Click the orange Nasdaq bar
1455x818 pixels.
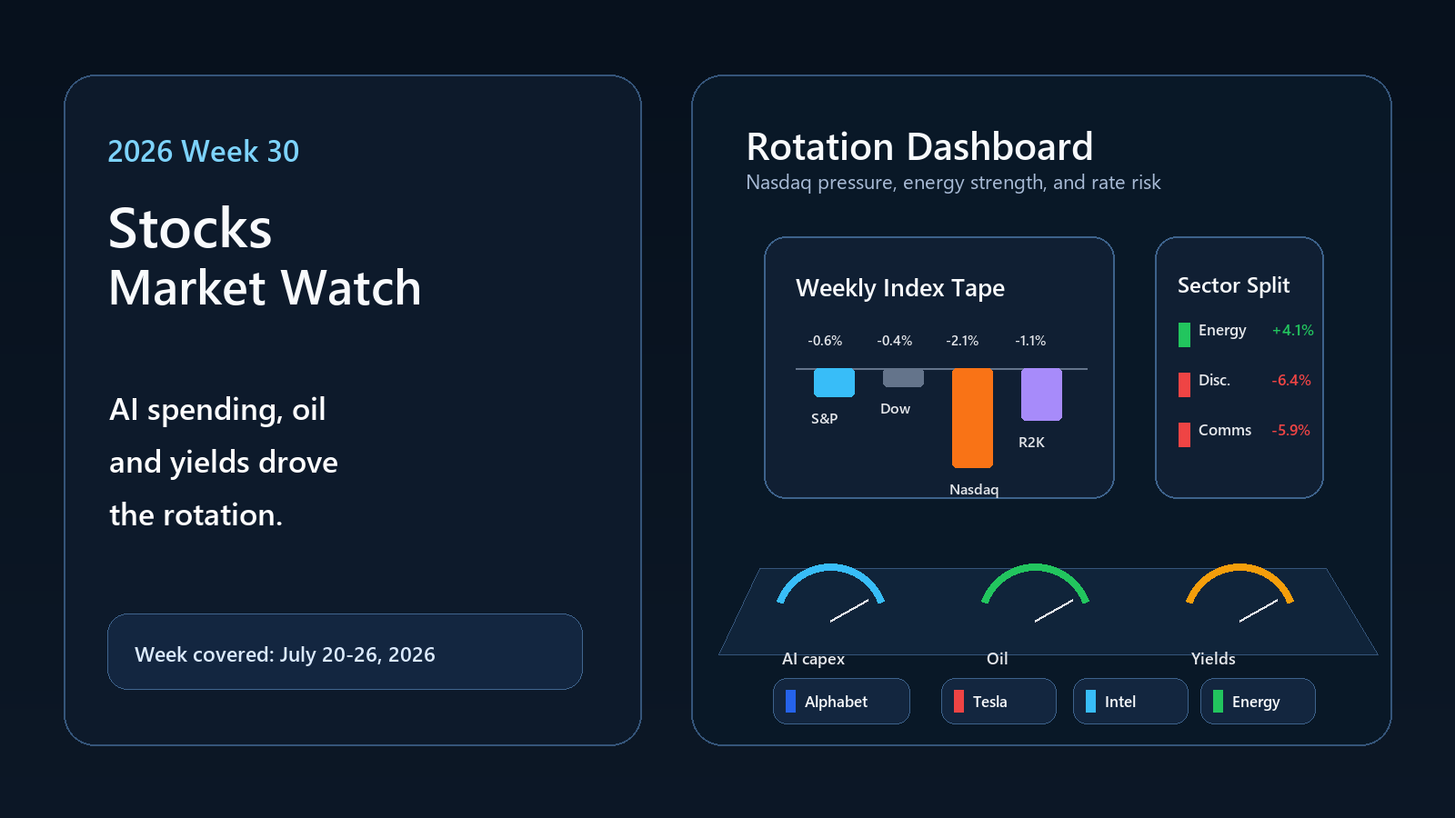pyautogui.click(x=972, y=418)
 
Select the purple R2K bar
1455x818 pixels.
pyautogui.click(x=1041, y=394)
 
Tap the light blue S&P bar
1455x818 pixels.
pyautogui.click(x=834, y=383)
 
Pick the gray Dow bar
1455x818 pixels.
pyautogui.click(x=903, y=378)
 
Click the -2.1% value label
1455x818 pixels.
pyautogui.click(x=962, y=341)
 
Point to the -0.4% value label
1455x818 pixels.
pyautogui.click(x=895, y=341)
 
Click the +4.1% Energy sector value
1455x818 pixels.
pyautogui.click(x=1292, y=331)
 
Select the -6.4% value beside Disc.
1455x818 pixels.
pyautogui.click(x=1291, y=381)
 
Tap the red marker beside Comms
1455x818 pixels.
pyautogui.click(x=1184, y=434)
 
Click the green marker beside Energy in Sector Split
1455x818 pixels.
pyautogui.click(x=1184, y=335)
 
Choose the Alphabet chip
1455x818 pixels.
pyautogui.click(x=841, y=701)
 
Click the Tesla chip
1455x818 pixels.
pyautogui.click(x=998, y=701)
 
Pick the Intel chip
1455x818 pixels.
pyautogui.click(x=1130, y=701)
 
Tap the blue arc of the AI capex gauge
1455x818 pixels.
pyautogui.click(x=831, y=568)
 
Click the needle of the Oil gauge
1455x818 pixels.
pyautogui.click(x=1054, y=611)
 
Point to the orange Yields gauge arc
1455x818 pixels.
pyautogui.click(x=1240, y=568)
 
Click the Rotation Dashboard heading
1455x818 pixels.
pyautogui.click(x=919, y=146)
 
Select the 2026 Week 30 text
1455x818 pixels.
pyautogui.click(x=204, y=151)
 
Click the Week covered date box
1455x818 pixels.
pyautogui.click(x=345, y=652)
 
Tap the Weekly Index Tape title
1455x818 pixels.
pyautogui.click(x=900, y=288)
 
